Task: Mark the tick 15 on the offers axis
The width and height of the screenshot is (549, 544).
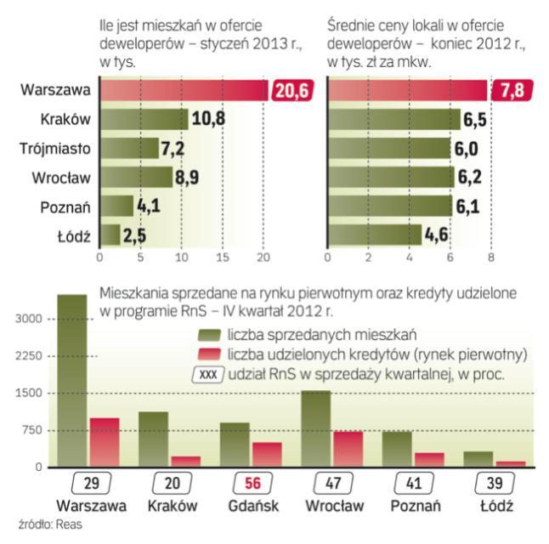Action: click(223, 256)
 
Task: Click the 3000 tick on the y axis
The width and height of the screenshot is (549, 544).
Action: click(26, 320)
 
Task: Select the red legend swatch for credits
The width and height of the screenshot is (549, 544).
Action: click(207, 354)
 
